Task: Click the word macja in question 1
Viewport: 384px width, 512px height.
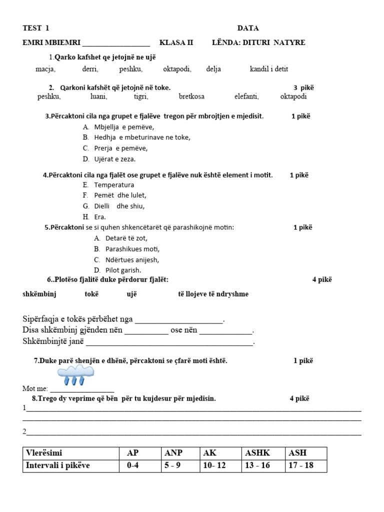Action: click(45, 69)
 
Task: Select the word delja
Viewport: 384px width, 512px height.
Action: click(213, 69)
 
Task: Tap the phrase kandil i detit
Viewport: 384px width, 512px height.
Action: click(269, 69)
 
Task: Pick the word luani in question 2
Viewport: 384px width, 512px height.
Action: click(98, 96)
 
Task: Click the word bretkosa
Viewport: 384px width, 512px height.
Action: click(191, 96)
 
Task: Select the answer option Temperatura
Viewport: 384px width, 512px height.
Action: click(114, 185)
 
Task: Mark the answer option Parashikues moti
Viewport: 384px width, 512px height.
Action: click(132, 249)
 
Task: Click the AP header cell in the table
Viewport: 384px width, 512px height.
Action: click(132, 453)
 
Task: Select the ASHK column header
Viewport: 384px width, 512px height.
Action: click(257, 453)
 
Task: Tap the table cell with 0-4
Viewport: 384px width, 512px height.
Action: click(132, 466)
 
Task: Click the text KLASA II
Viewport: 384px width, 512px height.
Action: click(176, 42)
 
